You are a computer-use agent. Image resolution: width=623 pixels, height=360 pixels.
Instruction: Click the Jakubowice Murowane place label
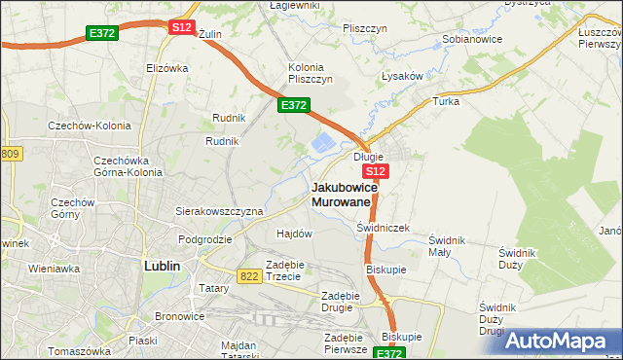pos(341,194)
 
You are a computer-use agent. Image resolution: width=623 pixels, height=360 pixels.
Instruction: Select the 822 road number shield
pos(247,277)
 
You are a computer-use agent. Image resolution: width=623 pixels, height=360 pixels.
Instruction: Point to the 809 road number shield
pos(10,154)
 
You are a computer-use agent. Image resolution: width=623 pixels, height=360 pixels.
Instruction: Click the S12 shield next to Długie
pos(378,171)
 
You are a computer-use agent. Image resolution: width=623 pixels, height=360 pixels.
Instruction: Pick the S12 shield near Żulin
pos(181,27)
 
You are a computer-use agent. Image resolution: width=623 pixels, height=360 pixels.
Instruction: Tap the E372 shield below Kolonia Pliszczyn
pos(294,105)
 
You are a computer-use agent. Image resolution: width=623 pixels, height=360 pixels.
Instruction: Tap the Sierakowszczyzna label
pos(219,210)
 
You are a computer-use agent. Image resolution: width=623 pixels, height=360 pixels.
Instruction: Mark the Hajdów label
pos(294,234)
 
